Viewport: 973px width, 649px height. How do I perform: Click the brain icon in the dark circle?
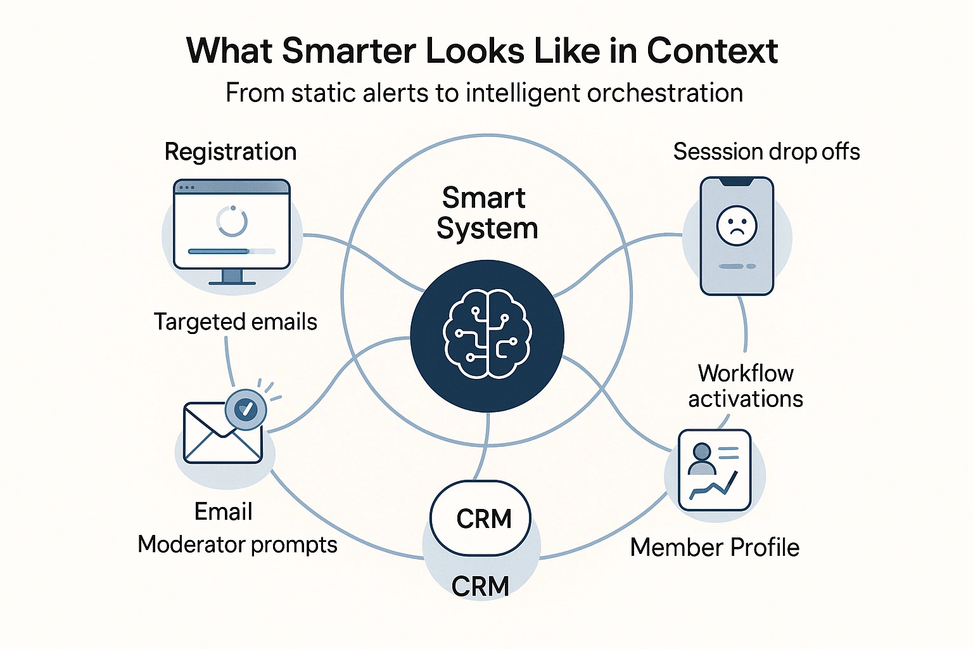(486, 334)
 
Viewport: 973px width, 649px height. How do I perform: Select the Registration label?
(231, 152)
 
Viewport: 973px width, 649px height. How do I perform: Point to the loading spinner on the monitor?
(232, 221)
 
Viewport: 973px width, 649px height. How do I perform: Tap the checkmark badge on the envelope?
(246, 409)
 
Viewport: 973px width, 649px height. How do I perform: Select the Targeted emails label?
(235, 322)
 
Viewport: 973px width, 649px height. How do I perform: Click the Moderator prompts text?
(238, 544)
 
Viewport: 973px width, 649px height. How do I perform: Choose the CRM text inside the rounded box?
(484, 519)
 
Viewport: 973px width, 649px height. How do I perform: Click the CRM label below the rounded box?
(480, 586)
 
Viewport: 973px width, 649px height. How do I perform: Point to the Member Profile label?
(715, 548)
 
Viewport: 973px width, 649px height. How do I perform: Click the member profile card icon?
(714, 470)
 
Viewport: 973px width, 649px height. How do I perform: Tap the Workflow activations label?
(746, 386)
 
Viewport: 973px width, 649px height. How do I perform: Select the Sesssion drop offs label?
(766, 152)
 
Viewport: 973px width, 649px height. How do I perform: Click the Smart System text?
(486, 213)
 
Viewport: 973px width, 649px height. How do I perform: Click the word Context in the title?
(712, 51)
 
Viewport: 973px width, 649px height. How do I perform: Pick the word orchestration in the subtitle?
(665, 93)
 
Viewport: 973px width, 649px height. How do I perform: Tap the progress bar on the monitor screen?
(232, 252)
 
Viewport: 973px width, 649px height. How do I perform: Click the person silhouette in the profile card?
(701, 459)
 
